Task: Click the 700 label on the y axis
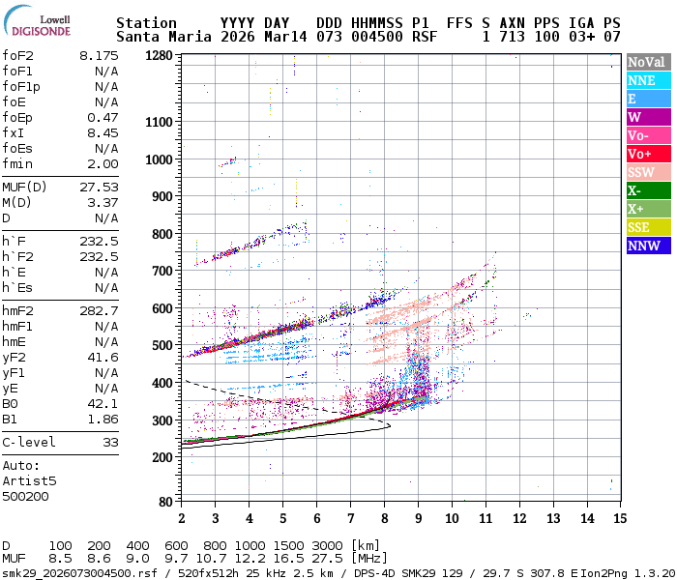click(x=162, y=271)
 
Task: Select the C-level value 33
click(x=110, y=442)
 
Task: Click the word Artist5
click(x=29, y=480)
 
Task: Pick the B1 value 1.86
click(x=103, y=419)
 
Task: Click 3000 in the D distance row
click(x=327, y=546)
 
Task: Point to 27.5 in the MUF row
click(x=327, y=559)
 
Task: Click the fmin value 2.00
click(x=103, y=163)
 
